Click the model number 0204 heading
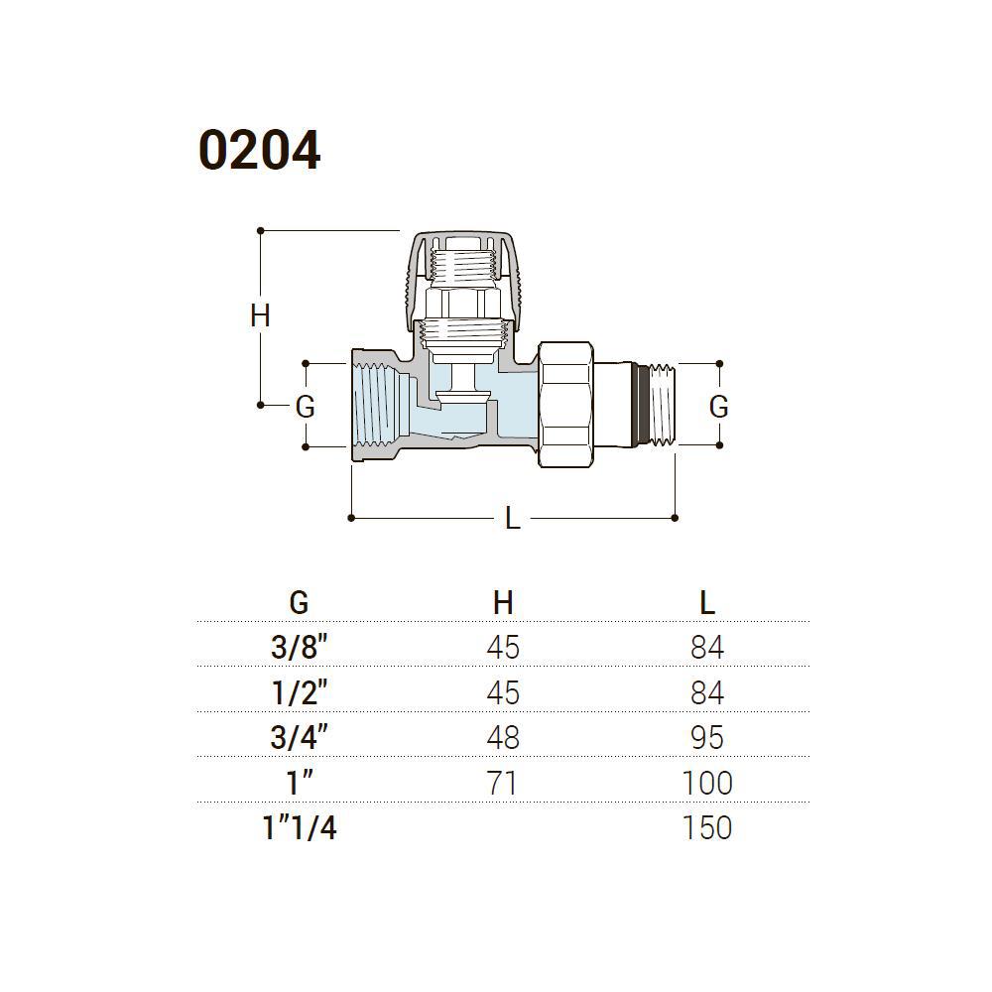[259, 151]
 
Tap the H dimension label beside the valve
[260, 315]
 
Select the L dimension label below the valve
[513, 519]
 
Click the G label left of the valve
[305, 406]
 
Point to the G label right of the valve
[718, 406]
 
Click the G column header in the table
[299, 603]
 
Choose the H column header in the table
[503, 603]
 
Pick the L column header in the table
[707, 603]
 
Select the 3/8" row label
[300, 647]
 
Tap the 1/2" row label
[300, 692]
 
